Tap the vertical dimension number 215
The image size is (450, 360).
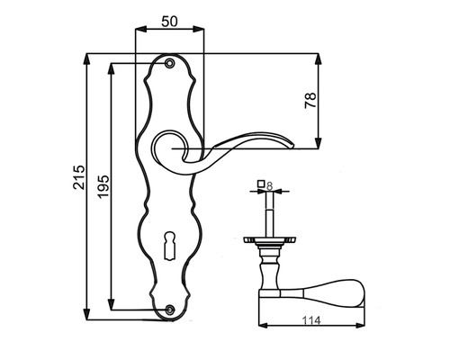click(78, 183)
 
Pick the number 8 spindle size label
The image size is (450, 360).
click(269, 189)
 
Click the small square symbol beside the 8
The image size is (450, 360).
click(260, 185)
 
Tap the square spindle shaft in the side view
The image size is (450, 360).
click(269, 214)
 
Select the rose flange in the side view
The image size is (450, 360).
click(269, 240)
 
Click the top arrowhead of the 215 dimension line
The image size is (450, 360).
click(87, 58)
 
